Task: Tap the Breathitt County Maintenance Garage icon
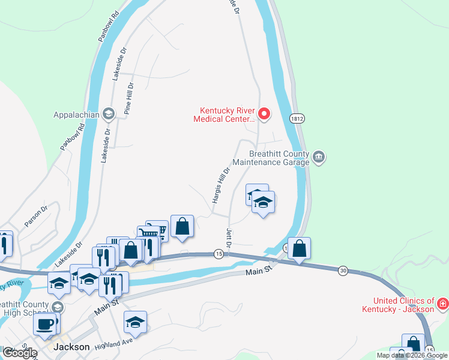(x=319, y=157)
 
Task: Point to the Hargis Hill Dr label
(x=221, y=183)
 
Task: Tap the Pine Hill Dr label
(x=128, y=98)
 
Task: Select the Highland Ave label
(x=113, y=343)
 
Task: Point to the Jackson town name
(x=71, y=347)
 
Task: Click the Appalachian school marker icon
(x=108, y=113)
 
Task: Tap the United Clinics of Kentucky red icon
(x=443, y=304)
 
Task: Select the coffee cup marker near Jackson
(x=46, y=325)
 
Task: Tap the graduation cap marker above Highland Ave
(x=136, y=322)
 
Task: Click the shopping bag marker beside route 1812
(x=300, y=248)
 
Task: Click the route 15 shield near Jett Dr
(x=219, y=254)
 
